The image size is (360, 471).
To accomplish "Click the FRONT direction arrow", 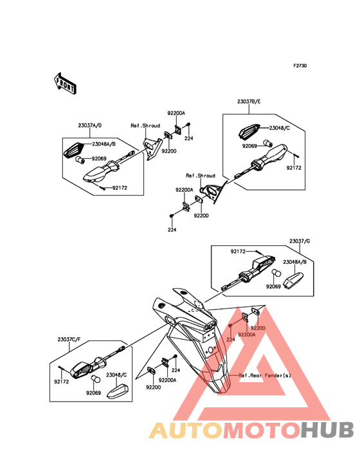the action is coord(65,84).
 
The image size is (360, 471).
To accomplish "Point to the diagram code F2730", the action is coord(300,66).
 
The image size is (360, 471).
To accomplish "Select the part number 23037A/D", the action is coord(90,125).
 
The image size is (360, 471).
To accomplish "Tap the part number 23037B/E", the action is coord(249,102).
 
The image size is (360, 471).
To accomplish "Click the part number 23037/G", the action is coord(300,241).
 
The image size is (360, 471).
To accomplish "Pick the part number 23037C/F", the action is coord(69,340).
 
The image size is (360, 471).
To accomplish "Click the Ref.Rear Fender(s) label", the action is coord(265,376).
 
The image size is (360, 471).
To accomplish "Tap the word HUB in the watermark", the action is coord(328,430).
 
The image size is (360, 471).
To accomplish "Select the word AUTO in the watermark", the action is coord(186,430).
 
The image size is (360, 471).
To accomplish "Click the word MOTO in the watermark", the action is coord(262,430).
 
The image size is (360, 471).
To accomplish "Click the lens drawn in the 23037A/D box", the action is coord(74,149).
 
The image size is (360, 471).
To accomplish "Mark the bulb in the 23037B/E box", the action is coord(267,143).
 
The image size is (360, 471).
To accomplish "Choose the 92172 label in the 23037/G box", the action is coord(238,252).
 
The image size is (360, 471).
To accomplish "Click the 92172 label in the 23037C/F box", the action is coord(61,382).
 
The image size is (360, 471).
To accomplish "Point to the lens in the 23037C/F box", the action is coord(118,391).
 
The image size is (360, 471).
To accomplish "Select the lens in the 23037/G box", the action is coord(294,279).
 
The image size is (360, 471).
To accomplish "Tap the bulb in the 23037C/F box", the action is coord(96,379).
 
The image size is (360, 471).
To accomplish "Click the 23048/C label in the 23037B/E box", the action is coord(279,128).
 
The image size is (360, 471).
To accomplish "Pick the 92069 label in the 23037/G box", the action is coord(273,286).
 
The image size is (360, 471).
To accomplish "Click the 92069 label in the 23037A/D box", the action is coord(99,158).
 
